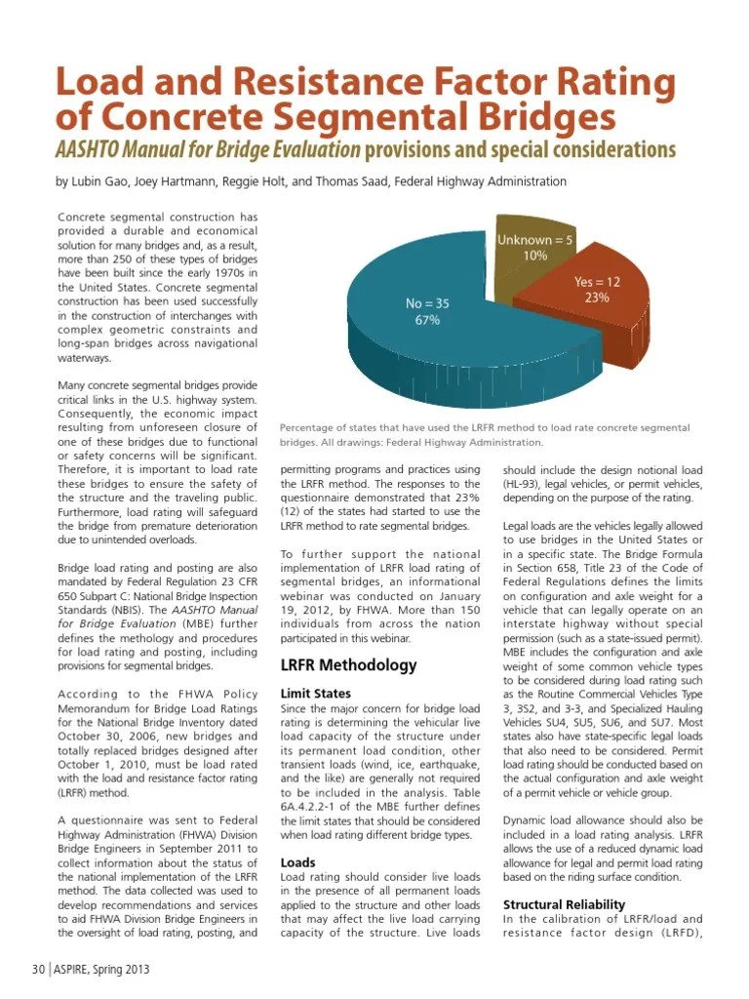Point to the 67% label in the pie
(x=428, y=320)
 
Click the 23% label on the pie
(x=597, y=298)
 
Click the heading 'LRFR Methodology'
(x=348, y=665)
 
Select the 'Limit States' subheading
(x=315, y=693)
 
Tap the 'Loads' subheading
(x=297, y=862)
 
